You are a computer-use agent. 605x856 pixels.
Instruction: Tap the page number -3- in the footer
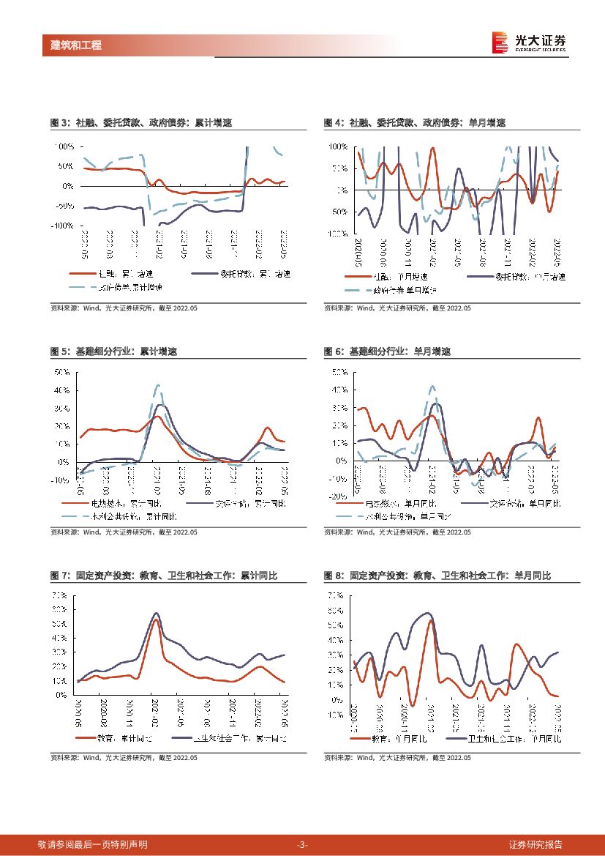coord(302,844)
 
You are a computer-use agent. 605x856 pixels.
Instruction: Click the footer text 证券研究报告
coord(536,844)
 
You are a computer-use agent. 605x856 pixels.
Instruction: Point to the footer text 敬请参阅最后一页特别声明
coord(93,844)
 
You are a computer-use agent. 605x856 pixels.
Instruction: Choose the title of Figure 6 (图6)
coord(387,351)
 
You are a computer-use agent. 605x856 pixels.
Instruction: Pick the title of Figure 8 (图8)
coord(437,576)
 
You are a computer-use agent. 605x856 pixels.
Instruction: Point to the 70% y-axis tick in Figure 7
coord(60,595)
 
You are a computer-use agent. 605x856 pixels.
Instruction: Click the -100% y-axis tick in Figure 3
coord(61,226)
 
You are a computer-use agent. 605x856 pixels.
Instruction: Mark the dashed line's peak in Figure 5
coord(158,384)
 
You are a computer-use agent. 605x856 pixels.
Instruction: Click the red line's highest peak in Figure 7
coord(156,620)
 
